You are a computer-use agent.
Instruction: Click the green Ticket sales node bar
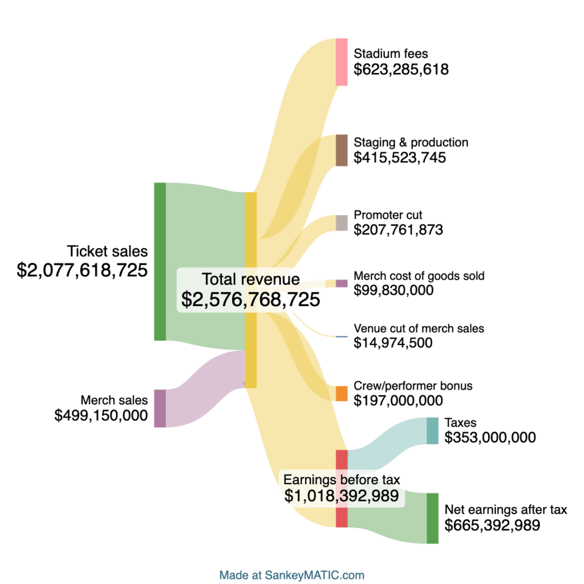pyautogui.click(x=160, y=262)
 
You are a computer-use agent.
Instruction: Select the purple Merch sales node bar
pyautogui.click(x=160, y=408)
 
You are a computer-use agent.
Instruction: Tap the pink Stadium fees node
pyautogui.click(x=342, y=62)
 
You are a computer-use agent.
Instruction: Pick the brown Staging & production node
pyautogui.click(x=342, y=150)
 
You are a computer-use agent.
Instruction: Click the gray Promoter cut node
pyautogui.click(x=342, y=223)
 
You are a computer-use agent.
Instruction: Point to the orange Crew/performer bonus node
pyautogui.click(x=342, y=394)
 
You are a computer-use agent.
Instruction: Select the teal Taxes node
pyautogui.click(x=433, y=431)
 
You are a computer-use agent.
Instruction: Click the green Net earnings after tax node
pyautogui.click(x=433, y=518)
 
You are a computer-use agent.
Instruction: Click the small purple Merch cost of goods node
pyautogui.click(x=342, y=283)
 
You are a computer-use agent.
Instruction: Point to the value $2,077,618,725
pyautogui.click(x=82, y=270)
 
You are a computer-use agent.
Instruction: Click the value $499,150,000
pyautogui.click(x=101, y=416)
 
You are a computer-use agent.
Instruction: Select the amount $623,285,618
pyautogui.click(x=401, y=70)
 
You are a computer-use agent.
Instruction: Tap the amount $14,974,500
pyautogui.click(x=393, y=343)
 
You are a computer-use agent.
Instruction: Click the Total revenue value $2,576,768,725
pyautogui.click(x=250, y=299)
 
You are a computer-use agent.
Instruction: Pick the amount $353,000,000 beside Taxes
pyautogui.click(x=490, y=438)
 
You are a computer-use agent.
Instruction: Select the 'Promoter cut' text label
pyautogui.click(x=388, y=215)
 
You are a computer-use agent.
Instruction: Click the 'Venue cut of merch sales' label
pyautogui.click(x=419, y=328)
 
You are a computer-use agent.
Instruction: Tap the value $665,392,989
pyautogui.click(x=492, y=525)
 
